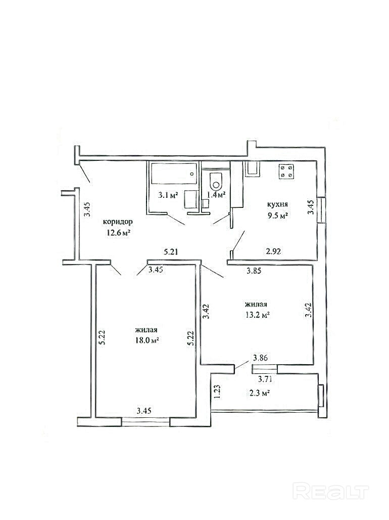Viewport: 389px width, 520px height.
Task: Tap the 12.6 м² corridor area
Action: tap(117, 233)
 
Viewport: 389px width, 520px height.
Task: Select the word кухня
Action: tap(278, 204)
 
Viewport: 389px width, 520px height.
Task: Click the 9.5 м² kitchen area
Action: tap(277, 216)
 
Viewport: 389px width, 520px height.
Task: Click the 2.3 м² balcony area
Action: tap(259, 393)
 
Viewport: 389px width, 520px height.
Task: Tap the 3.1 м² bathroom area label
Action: tap(168, 195)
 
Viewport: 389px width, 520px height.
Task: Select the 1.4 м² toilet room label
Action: tap(216, 194)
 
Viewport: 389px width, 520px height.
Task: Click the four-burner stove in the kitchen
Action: tap(286, 171)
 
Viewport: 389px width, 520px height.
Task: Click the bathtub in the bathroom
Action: tap(174, 174)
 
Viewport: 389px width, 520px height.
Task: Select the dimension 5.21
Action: tap(172, 252)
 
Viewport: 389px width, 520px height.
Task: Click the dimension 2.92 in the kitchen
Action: tap(274, 251)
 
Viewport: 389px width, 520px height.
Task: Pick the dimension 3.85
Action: tap(254, 271)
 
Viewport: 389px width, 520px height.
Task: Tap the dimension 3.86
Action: tap(260, 358)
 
